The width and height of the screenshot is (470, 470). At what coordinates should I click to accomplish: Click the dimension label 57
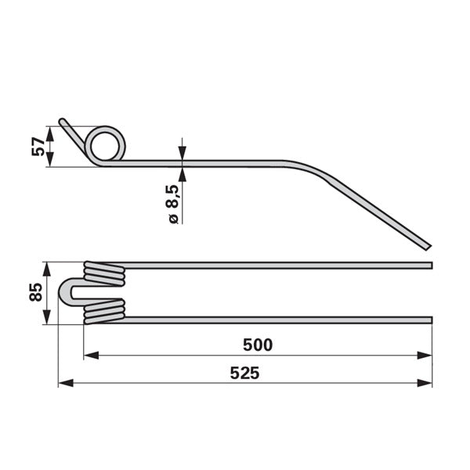pos(38,146)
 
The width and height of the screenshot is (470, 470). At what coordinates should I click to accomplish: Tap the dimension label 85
pos(36,292)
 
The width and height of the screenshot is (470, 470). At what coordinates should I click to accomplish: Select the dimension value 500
pos(258,345)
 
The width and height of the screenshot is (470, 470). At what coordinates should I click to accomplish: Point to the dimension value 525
pos(244,373)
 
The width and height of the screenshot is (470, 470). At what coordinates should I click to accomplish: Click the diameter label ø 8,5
pos(173,204)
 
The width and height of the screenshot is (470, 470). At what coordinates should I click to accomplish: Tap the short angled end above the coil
pos(72,133)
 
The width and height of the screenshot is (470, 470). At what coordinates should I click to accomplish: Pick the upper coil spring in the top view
pos(104,274)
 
